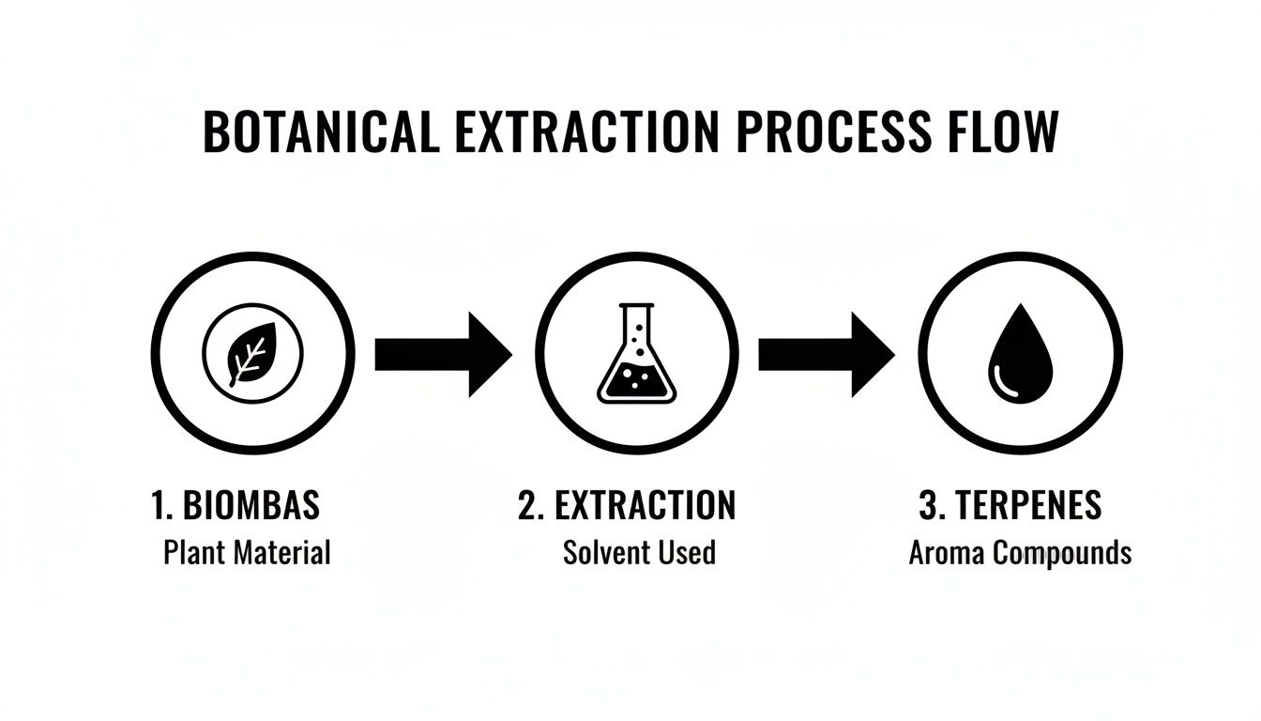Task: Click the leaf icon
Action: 252,355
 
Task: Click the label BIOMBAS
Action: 251,506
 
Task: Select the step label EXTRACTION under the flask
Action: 646,506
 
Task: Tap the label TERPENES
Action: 1028,506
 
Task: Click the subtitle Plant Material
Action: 247,552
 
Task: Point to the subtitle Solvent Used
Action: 639,552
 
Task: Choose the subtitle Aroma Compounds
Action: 1020,552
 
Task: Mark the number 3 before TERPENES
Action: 929,506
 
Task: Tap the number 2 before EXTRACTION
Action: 527,506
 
